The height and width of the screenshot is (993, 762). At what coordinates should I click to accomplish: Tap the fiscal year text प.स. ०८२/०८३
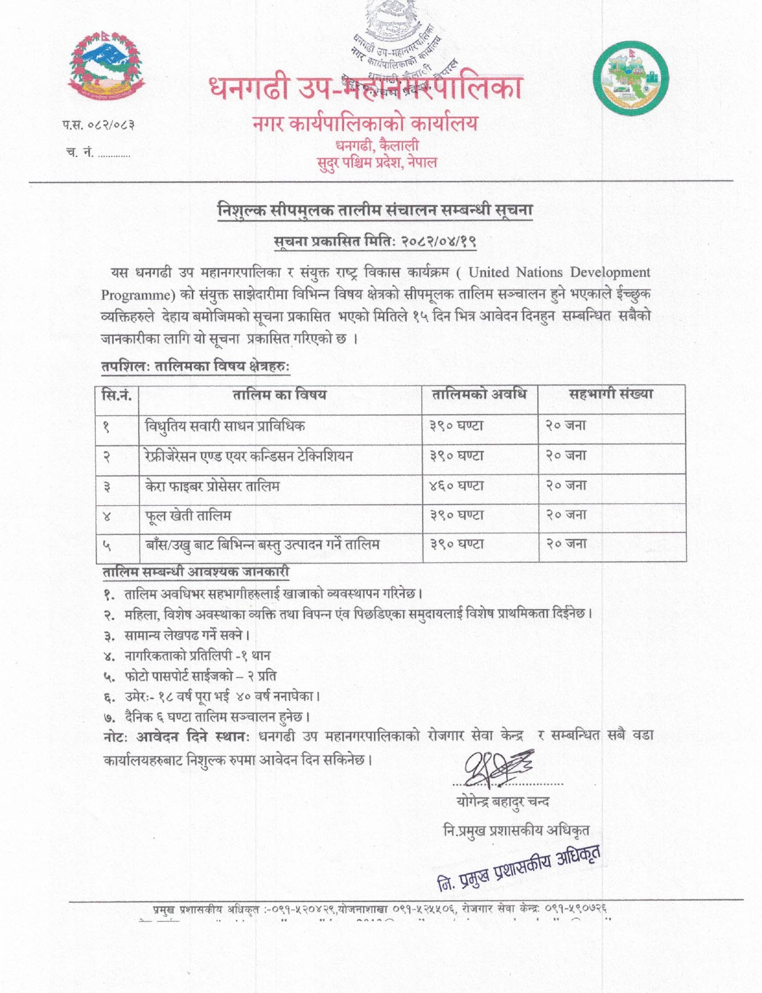tap(98, 127)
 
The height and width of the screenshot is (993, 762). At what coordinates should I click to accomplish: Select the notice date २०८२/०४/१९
tap(439, 242)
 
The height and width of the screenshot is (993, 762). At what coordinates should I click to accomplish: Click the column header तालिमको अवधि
tap(479, 394)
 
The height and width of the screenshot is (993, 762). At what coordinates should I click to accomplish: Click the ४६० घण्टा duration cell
tap(457, 485)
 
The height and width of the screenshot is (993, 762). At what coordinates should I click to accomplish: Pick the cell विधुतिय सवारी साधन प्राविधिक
tap(225, 426)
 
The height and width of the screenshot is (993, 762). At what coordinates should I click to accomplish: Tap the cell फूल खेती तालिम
tap(188, 515)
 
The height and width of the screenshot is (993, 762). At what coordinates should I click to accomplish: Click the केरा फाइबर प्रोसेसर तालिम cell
tap(212, 485)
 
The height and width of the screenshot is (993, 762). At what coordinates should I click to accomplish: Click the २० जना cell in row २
tap(566, 455)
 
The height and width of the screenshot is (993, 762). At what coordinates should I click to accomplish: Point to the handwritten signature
tap(498, 768)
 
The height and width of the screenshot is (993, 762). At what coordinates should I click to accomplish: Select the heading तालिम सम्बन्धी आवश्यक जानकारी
tap(196, 572)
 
